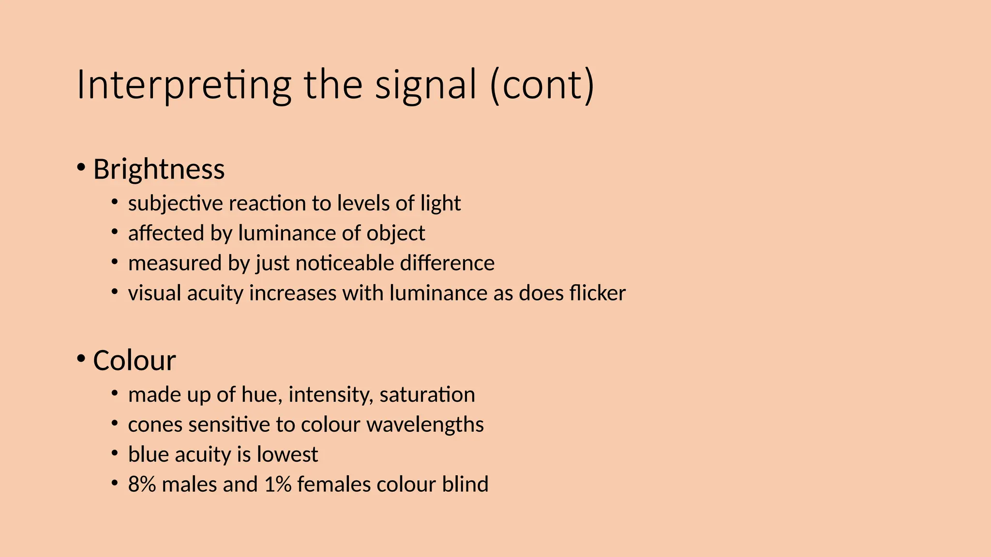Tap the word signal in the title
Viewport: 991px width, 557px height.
(426, 85)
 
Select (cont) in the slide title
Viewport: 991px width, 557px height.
(542, 85)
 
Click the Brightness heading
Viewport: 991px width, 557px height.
(159, 169)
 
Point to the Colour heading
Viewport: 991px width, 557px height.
(134, 361)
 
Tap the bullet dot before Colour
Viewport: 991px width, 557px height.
(81, 359)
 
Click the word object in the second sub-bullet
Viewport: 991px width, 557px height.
(395, 234)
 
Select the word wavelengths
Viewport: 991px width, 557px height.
(425, 425)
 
